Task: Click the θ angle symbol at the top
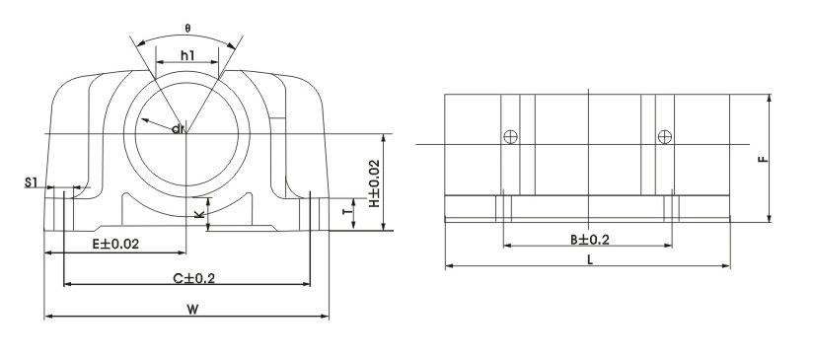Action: point(187,29)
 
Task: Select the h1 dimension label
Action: point(187,54)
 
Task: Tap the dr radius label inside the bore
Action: point(178,128)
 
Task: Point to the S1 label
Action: point(32,182)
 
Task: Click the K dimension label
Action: point(199,213)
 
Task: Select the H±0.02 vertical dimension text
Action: point(374,183)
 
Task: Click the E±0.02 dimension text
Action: point(115,245)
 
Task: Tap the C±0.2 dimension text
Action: point(193,279)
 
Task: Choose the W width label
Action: point(192,310)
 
